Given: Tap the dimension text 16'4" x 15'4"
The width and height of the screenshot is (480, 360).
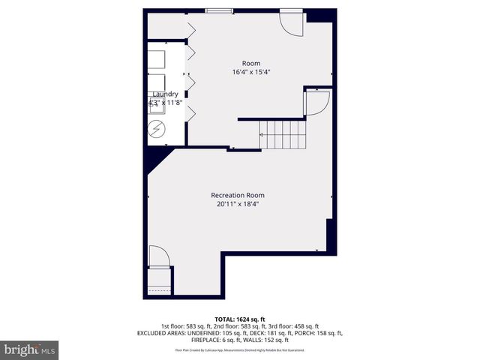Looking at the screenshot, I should [x=250, y=72].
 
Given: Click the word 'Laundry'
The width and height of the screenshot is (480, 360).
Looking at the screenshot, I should [x=165, y=94].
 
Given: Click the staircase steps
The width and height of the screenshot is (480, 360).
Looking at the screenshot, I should [x=283, y=135].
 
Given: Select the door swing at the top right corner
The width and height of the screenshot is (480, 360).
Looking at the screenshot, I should [x=291, y=23].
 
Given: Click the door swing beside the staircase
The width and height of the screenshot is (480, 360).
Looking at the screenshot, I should [x=316, y=103].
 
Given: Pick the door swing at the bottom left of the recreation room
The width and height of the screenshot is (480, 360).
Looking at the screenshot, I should [x=158, y=256].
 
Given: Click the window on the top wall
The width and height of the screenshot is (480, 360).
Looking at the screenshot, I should [x=219, y=10].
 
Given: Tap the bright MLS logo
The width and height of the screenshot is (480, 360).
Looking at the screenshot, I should [x=30, y=349].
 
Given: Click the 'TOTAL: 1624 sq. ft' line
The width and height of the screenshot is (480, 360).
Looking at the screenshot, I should [x=240, y=319].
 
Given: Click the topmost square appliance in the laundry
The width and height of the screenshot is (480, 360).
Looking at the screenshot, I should [x=157, y=59].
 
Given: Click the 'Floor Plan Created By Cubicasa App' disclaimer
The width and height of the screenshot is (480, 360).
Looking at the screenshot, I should [x=240, y=349].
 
